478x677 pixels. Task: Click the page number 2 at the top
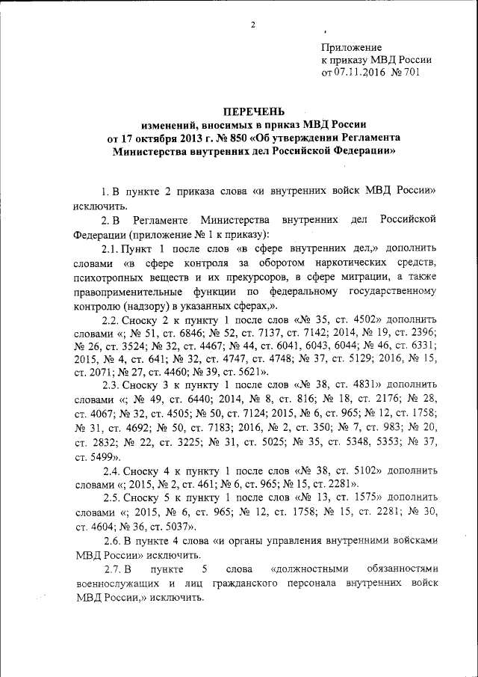point(253,26)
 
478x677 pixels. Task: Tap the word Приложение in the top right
point(351,47)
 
